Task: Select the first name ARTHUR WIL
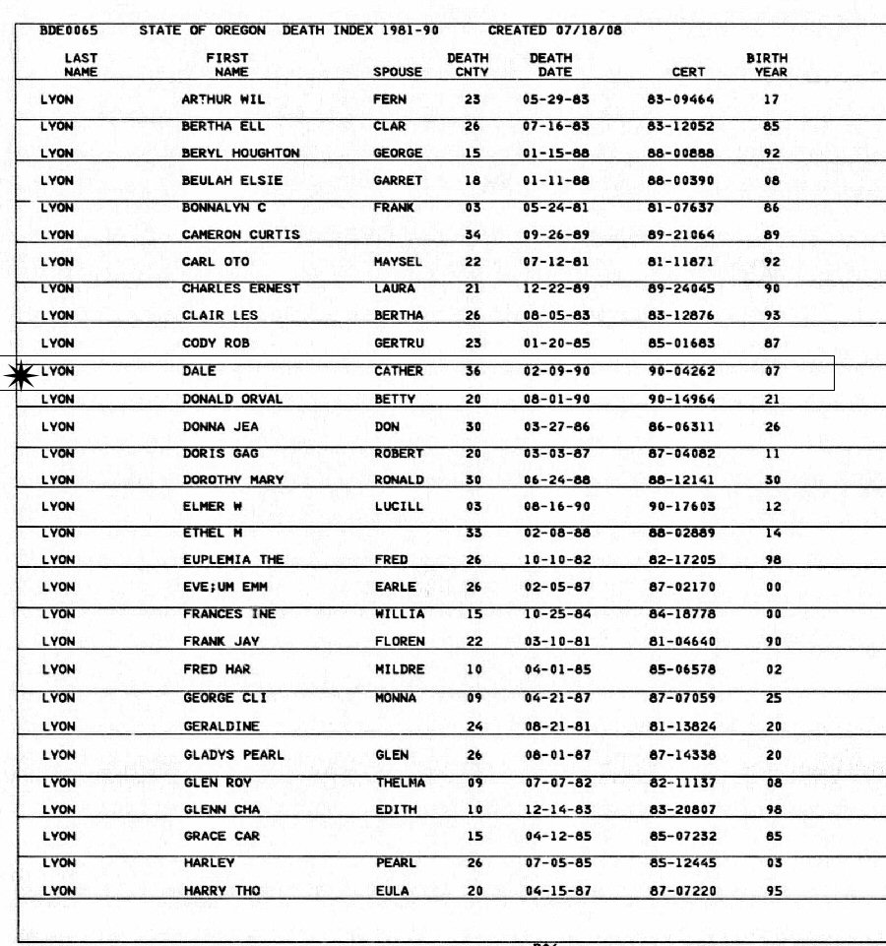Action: pos(223,99)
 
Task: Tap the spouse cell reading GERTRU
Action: pos(399,344)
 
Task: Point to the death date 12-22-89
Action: pos(556,289)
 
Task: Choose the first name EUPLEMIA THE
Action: pos(233,560)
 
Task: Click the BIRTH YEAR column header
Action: pos(767,65)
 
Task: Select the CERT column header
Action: pos(688,72)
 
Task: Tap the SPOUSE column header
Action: pos(398,72)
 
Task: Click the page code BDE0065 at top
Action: pos(62,31)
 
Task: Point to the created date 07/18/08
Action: pos(590,31)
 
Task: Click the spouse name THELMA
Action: pos(401,784)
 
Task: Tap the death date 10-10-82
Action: pos(556,560)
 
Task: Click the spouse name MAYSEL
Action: pos(399,263)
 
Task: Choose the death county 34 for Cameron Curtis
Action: pos(472,235)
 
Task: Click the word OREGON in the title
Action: pos(241,31)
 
